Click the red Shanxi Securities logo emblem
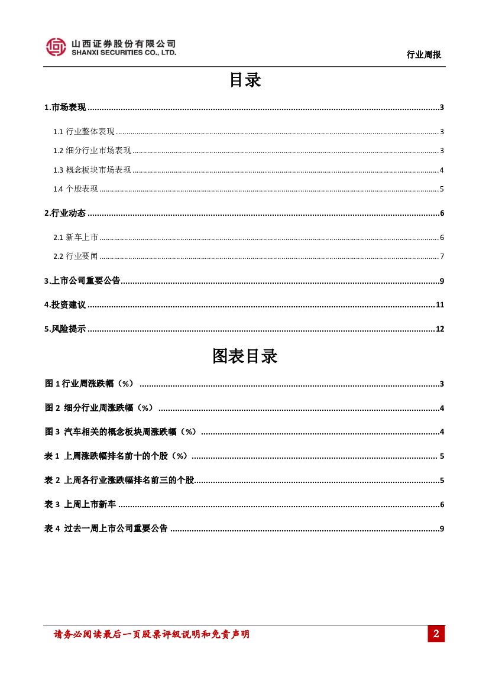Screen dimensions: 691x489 [x=56, y=47]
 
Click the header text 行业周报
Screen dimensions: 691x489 [x=423, y=54]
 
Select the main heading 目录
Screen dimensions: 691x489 [x=245, y=80]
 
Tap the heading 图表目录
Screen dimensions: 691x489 [x=245, y=356]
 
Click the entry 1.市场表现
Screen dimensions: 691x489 [x=65, y=107]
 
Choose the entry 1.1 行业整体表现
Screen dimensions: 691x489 [x=83, y=131]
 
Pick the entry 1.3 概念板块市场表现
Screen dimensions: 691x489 [x=92, y=170]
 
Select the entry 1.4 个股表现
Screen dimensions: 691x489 [x=75, y=189]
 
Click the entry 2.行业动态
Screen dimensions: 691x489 [x=65, y=213]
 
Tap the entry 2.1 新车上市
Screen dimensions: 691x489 [x=75, y=238]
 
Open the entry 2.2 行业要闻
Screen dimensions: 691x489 [x=75, y=257]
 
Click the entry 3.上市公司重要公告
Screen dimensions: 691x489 [x=82, y=281]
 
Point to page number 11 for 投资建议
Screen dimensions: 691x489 [x=439, y=305]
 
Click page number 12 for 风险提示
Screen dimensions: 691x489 [x=439, y=329]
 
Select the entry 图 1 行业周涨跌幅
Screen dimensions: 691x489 [x=89, y=384]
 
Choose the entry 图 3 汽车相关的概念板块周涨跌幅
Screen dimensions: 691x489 [x=121, y=432]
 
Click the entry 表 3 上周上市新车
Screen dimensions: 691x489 [x=80, y=504]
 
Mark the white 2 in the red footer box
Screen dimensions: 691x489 [x=436, y=634]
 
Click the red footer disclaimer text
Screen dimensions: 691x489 [x=151, y=634]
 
